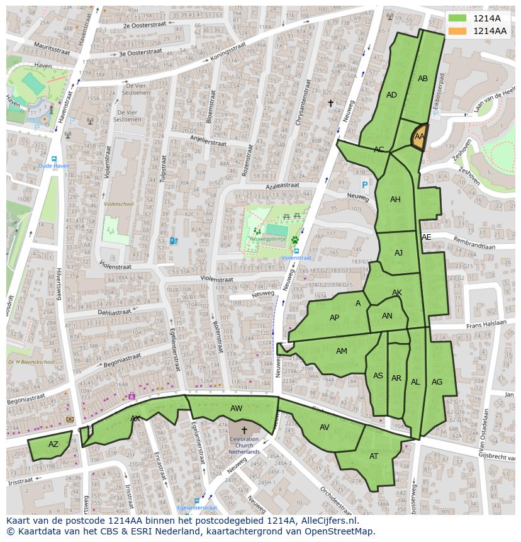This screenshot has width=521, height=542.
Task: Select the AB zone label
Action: pyautogui.click(x=423, y=79)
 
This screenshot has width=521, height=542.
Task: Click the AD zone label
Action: pyautogui.click(x=391, y=95)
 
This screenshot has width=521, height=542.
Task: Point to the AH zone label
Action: pyautogui.click(x=395, y=200)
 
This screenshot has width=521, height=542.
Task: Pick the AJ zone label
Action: pyautogui.click(x=398, y=253)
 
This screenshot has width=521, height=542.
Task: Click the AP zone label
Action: pyautogui.click(x=334, y=318)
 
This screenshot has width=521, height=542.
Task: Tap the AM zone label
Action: pyautogui.click(x=341, y=351)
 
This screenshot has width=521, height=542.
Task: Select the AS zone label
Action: pyautogui.click(x=378, y=376)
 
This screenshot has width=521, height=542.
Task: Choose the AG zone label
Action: pyautogui.click(x=437, y=382)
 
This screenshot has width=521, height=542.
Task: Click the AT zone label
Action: pyautogui.click(x=374, y=456)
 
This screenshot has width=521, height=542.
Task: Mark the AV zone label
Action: pyautogui.click(x=324, y=427)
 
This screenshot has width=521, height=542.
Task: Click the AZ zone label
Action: pyautogui.click(x=53, y=444)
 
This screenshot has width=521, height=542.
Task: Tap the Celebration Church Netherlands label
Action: pyautogui.click(x=244, y=445)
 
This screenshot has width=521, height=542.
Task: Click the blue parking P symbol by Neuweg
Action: pyautogui.click(x=364, y=185)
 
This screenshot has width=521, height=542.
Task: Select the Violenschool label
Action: pyautogui.click(x=118, y=204)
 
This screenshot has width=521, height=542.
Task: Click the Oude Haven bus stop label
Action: pyautogui.click(x=53, y=166)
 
